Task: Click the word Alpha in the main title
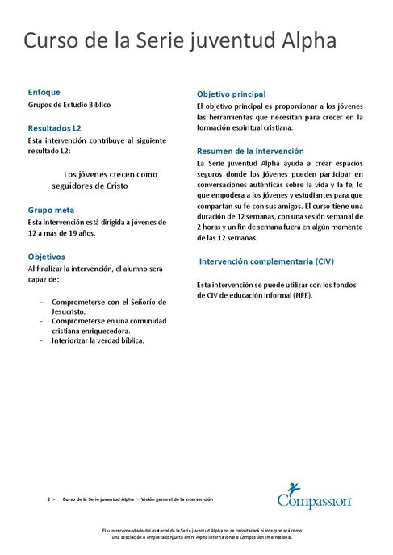click(x=307, y=41)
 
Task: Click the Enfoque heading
click(x=44, y=92)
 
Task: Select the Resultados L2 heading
click(x=55, y=127)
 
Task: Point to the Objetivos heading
click(x=47, y=256)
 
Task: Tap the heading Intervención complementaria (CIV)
click(x=266, y=261)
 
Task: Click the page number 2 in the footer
click(x=48, y=500)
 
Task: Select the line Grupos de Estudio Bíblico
click(x=69, y=105)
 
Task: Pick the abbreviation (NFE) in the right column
click(x=299, y=296)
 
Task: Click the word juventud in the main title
click(x=224, y=41)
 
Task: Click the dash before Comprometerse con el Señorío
click(x=41, y=301)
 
